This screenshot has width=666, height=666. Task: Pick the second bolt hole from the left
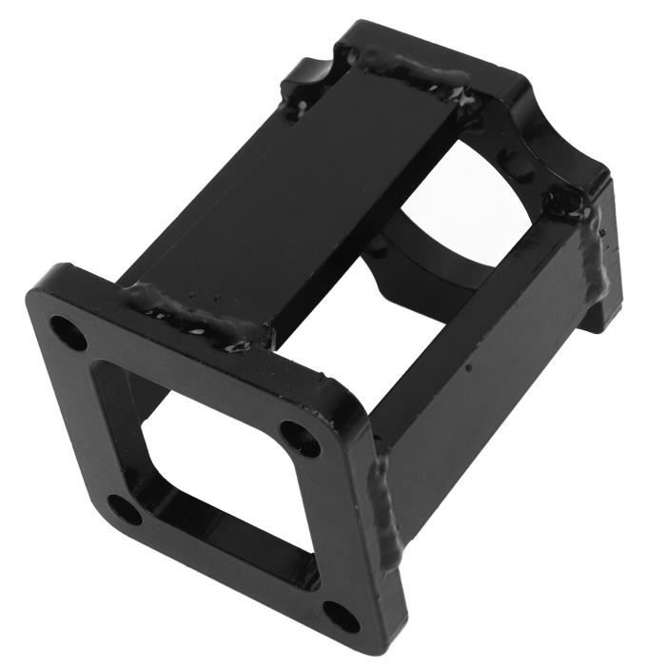[x=125, y=508]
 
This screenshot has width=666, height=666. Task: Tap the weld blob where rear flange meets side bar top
[x=568, y=202]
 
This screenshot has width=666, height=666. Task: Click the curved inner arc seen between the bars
[x=419, y=238]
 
